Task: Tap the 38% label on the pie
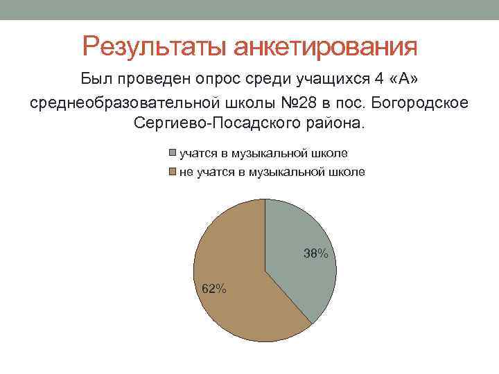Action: [315, 253]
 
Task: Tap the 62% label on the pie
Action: [213, 289]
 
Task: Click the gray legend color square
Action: [173, 152]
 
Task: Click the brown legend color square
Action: [173, 172]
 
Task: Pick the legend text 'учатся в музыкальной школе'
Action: [263, 152]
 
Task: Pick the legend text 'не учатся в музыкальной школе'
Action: [272, 172]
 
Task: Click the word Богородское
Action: [420, 103]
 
